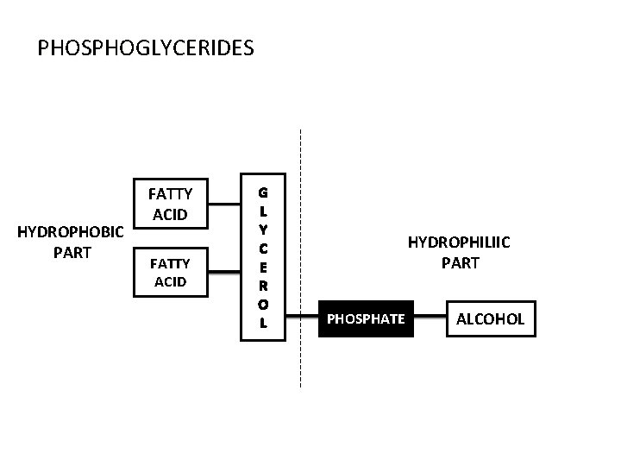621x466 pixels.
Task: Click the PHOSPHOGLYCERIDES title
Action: point(146,47)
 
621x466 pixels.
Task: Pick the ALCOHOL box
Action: point(490,319)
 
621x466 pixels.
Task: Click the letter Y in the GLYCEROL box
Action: point(263,229)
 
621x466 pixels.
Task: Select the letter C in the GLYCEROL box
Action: point(263,248)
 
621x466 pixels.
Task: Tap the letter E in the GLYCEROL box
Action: point(263,266)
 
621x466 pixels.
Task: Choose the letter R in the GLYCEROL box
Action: point(263,285)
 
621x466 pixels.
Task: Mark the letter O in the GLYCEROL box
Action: point(263,304)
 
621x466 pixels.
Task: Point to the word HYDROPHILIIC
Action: point(459,243)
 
